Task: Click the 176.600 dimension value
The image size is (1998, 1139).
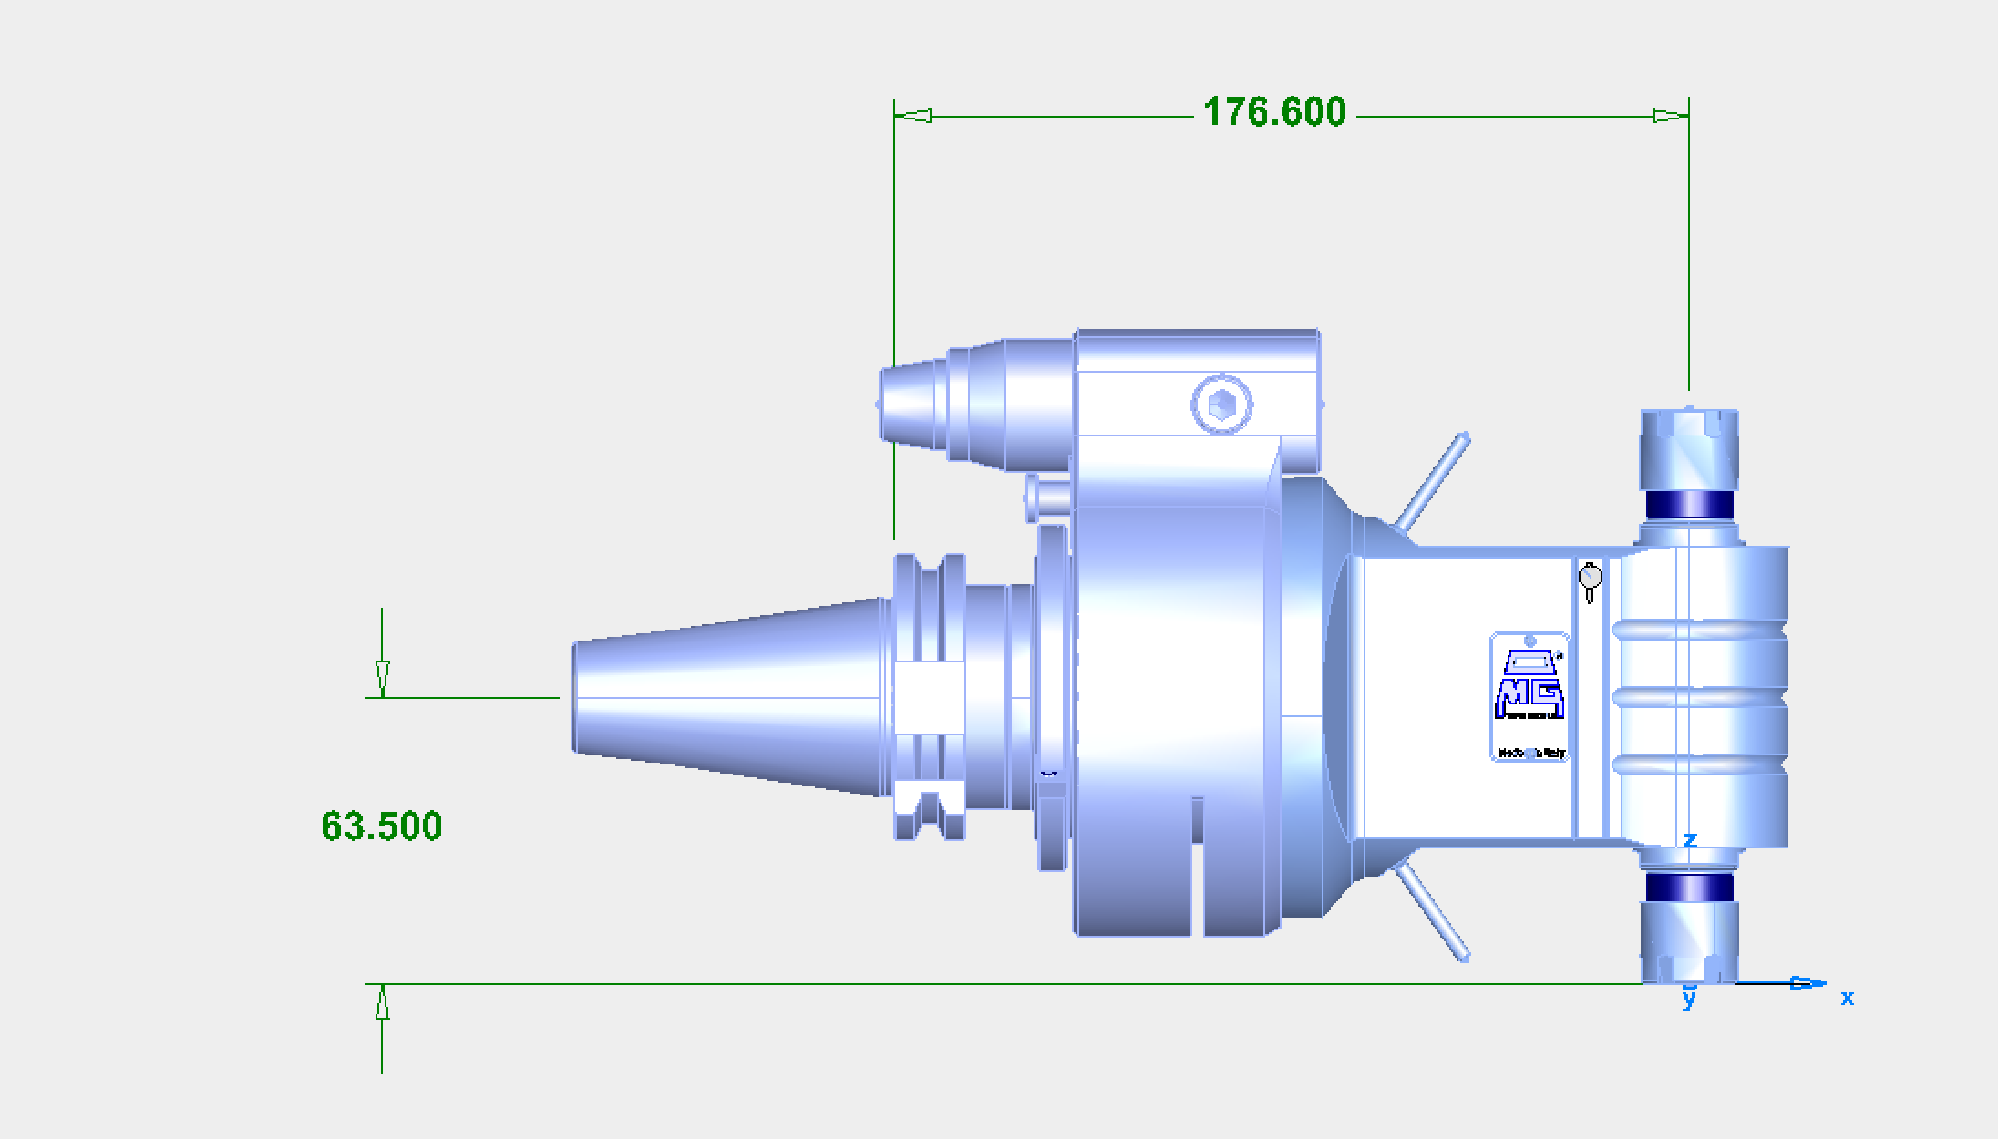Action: pyautogui.click(x=1273, y=112)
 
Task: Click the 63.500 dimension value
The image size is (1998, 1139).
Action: pyautogui.click(x=381, y=826)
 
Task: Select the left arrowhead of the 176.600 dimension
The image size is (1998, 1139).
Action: pyautogui.click(x=913, y=116)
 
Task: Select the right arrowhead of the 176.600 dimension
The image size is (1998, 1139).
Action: pyautogui.click(x=1670, y=116)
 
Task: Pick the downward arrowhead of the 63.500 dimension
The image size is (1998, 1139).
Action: pyautogui.click(x=382, y=679)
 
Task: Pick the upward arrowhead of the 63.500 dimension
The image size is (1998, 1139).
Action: pyautogui.click(x=382, y=1003)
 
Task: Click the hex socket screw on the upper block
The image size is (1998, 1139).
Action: pyautogui.click(x=1221, y=404)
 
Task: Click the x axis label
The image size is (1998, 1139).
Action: pyautogui.click(x=1847, y=998)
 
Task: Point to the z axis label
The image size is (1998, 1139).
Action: pyautogui.click(x=1690, y=839)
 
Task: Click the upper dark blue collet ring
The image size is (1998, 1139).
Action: pyautogui.click(x=1689, y=504)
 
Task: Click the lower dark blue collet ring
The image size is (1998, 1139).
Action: pyautogui.click(x=1689, y=888)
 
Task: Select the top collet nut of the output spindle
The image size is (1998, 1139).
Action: pyautogui.click(x=1689, y=447)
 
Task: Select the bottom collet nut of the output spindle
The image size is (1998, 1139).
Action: pyautogui.click(x=1689, y=942)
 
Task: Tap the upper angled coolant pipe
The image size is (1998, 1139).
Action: pyautogui.click(x=1434, y=482)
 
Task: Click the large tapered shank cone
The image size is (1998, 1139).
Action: pyautogui.click(x=729, y=697)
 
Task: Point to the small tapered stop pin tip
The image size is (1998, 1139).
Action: pyautogui.click(x=911, y=404)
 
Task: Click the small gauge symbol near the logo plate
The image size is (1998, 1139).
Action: pyautogui.click(x=1590, y=580)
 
